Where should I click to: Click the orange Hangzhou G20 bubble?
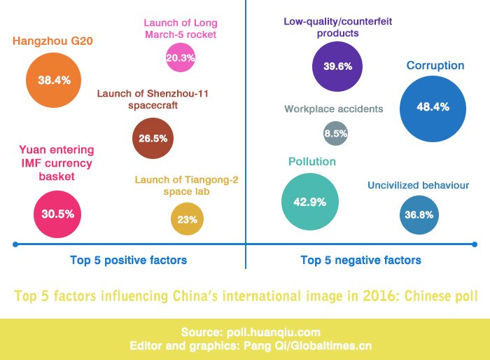54,80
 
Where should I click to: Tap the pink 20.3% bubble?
181,57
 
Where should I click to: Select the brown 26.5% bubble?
153,138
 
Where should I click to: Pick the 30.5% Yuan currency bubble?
57,214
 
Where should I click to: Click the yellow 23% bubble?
187,219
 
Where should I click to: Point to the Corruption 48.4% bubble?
432,107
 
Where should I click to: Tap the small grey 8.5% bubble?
336,133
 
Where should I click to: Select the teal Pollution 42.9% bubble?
310,202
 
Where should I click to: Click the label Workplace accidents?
334,109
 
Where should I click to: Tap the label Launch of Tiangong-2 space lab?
186,186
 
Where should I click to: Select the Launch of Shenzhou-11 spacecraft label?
153,99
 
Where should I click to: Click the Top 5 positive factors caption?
128,261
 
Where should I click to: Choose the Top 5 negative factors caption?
360,261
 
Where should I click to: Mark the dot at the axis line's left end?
15,244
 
